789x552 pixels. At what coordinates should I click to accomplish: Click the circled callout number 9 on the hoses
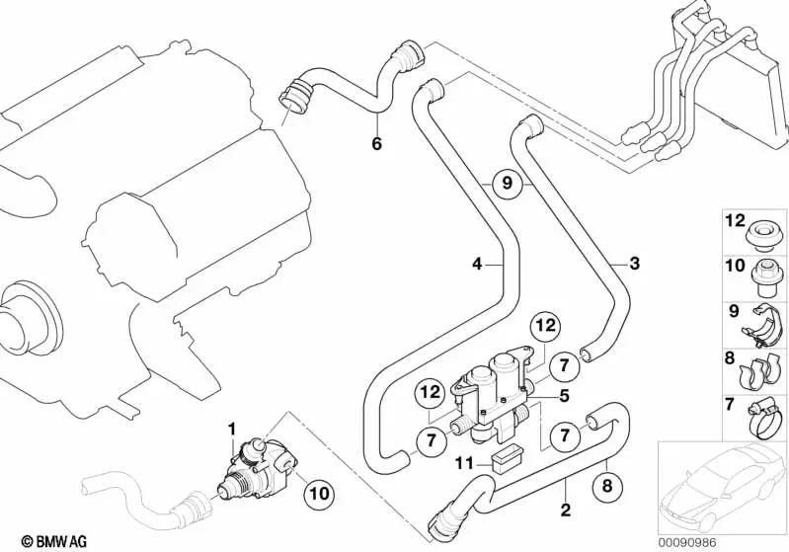pos(506,183)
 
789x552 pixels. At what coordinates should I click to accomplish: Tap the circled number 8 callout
pos(609,485)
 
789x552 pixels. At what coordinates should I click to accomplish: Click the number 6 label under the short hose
pos(375,145)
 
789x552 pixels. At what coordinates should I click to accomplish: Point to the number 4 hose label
pos(477,265)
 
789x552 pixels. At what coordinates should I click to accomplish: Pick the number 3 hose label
pos(635,264)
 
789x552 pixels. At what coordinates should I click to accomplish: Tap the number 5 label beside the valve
pos(563,397)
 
